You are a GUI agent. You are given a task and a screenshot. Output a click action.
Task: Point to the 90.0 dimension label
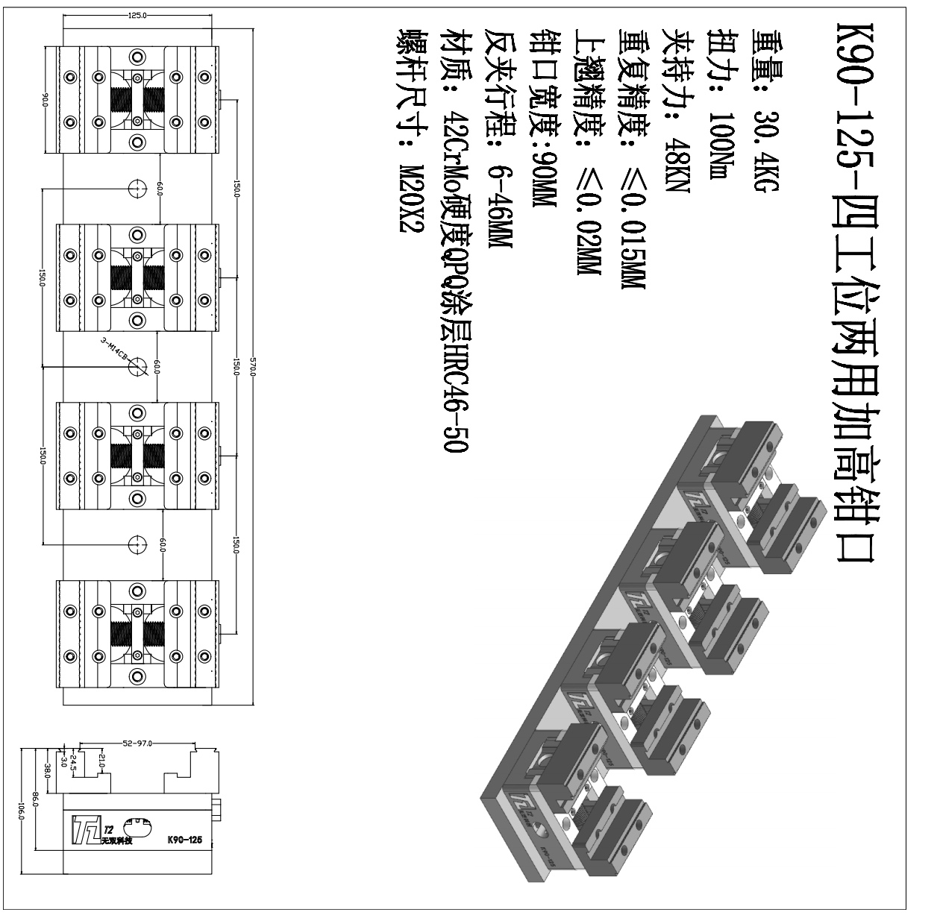(45, 100)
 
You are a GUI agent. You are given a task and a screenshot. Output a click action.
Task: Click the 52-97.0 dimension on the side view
(137, 743)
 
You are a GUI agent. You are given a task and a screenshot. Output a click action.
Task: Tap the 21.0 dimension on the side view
(101, 762)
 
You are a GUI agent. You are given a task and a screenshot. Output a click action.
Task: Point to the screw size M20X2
(411, 198)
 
